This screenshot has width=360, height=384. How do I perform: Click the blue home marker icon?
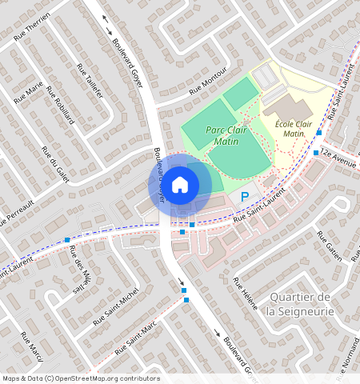click(x=180, y=185)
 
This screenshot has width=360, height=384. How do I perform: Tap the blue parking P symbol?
click(x=245, y=196)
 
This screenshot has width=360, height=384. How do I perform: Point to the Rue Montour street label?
click(x=207, y=88)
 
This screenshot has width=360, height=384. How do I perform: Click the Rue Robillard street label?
click(x=60, y=105)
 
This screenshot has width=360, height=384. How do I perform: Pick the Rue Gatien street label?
click(x=329, y=246)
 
